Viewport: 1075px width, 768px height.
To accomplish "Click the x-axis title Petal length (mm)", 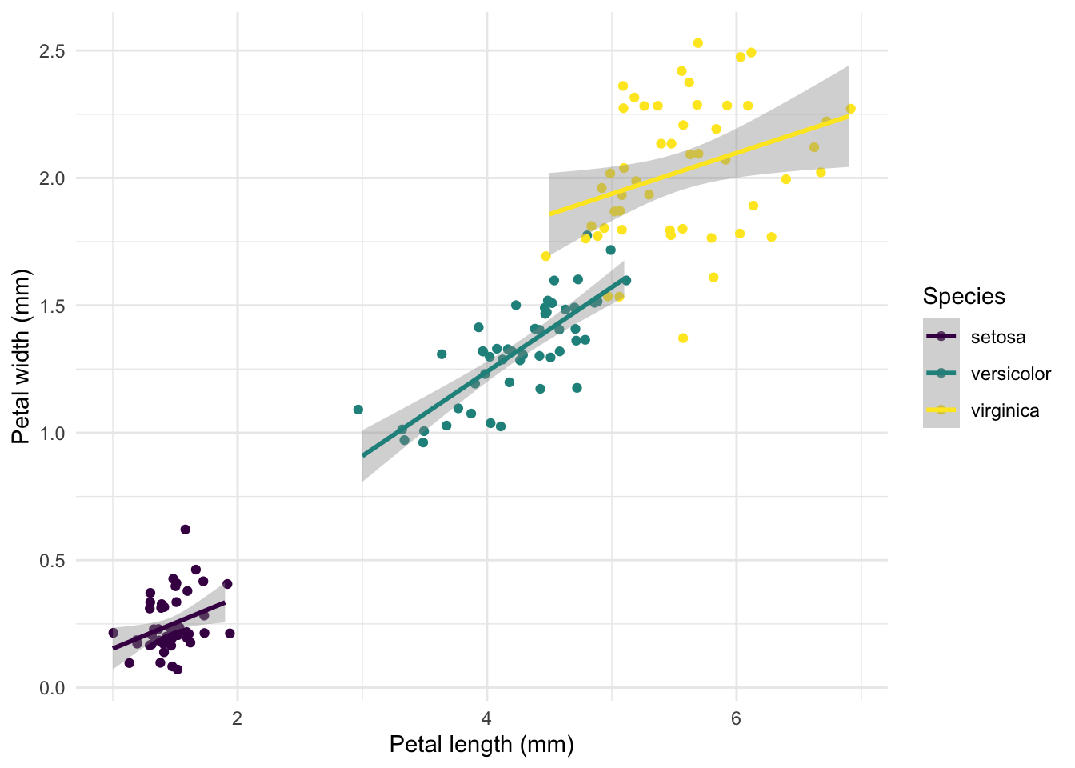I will click(482, 745).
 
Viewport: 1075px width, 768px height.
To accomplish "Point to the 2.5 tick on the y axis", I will click(53, 51).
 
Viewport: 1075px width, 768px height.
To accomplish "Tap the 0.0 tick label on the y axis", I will click(53, 688).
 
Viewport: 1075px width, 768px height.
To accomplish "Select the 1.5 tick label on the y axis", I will click(53, 306).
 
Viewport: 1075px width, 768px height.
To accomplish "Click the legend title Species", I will click(964, 297).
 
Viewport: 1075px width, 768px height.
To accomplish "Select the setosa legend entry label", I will click(998, 337).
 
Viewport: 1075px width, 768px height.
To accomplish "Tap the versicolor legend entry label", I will click(1011, 374).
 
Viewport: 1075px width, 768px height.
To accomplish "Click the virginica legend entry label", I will click(1005, 410).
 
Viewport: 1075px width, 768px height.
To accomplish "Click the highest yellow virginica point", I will click(698, 43).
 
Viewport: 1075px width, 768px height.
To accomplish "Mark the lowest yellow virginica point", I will click(683, 338).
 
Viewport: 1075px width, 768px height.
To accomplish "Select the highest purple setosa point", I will click(186, 530).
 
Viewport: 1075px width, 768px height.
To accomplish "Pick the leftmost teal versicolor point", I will click(358, 410).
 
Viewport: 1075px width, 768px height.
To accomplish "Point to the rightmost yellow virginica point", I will click(850, 109).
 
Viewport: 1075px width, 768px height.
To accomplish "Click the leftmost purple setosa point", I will click(114, 633).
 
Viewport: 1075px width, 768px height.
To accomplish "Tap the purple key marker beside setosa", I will click(941, 337).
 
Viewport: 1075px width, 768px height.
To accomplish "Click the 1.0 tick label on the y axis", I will click(53, 433).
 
